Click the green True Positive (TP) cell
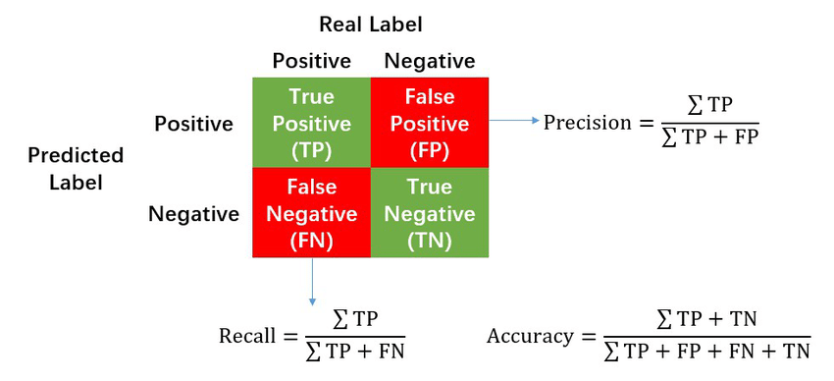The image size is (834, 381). click(311, 123)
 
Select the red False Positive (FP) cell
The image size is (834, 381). click(429, 123)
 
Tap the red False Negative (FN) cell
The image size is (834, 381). click(311, 212)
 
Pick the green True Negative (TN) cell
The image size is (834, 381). click(429, 212)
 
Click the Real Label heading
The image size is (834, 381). click(371, 24)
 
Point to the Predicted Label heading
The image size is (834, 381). click(76, 168)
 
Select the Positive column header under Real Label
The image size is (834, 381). click(311, 61)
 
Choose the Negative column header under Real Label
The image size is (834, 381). click(430, 61)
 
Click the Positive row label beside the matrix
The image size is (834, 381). click(193, 124)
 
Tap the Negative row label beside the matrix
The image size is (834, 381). click(193, 213)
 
